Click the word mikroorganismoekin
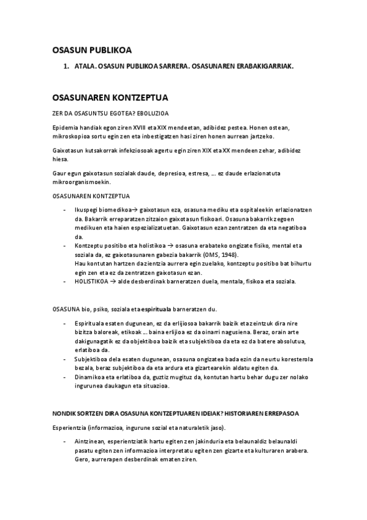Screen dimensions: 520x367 tap(80, 182)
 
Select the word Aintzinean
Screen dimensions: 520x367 tap(91, 441)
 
